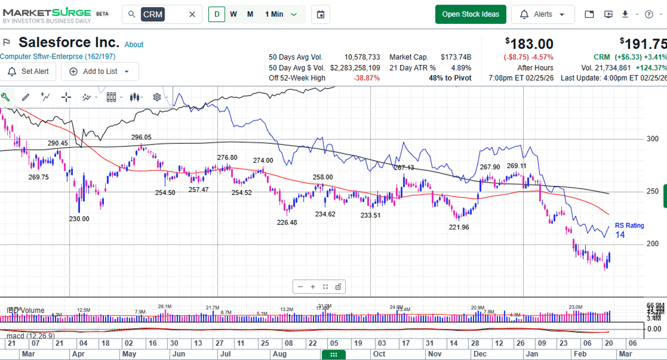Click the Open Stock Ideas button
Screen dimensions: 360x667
(x=470, y=14)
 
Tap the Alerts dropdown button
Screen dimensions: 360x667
(x=542, y=14)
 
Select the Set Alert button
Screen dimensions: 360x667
(x=29, y=72)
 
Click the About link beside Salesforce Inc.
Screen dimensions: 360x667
(x=134, y=44)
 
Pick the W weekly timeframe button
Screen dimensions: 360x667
(x=233, y=14)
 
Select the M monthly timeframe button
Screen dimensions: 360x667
(x=250, y=14)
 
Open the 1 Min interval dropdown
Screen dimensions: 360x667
(x=281, y=14)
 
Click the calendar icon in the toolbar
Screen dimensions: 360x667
(x=320, y=14)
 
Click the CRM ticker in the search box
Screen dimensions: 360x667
(x=152, y=14)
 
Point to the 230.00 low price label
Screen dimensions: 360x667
(x=79, y=219)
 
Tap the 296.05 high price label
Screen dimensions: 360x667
(x=141, y=137)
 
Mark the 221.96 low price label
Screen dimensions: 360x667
(x=459, y=227)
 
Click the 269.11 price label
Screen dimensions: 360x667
(x=516, y=166)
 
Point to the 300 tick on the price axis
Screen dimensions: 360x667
(x=653, y=139)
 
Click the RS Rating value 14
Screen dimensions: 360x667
(x=620, y=235)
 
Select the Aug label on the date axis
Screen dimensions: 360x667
(x=280, y=354)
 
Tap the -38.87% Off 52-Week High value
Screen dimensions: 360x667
(x=366, y=78)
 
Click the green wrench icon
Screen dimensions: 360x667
(x=5, y=97)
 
